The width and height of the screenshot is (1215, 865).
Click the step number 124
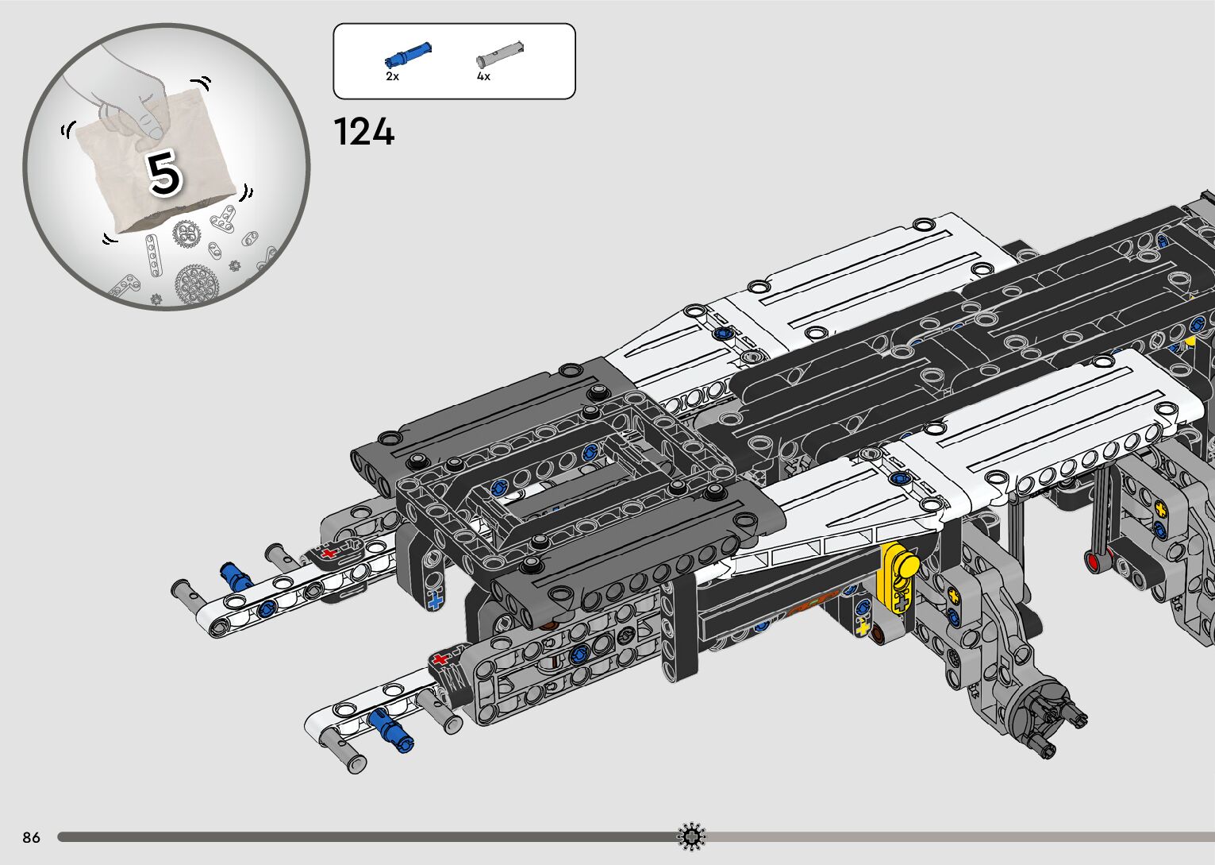coord(364,132)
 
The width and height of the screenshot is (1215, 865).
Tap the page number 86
coord(32,837)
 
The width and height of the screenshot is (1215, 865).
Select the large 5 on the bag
coord(163,172)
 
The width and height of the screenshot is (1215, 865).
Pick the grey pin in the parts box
coord(500,54)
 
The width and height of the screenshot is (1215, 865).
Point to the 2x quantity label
coord(392,76)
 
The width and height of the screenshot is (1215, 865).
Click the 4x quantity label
coord(483,76)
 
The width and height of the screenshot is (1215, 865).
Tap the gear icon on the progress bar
coord(691,836)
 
